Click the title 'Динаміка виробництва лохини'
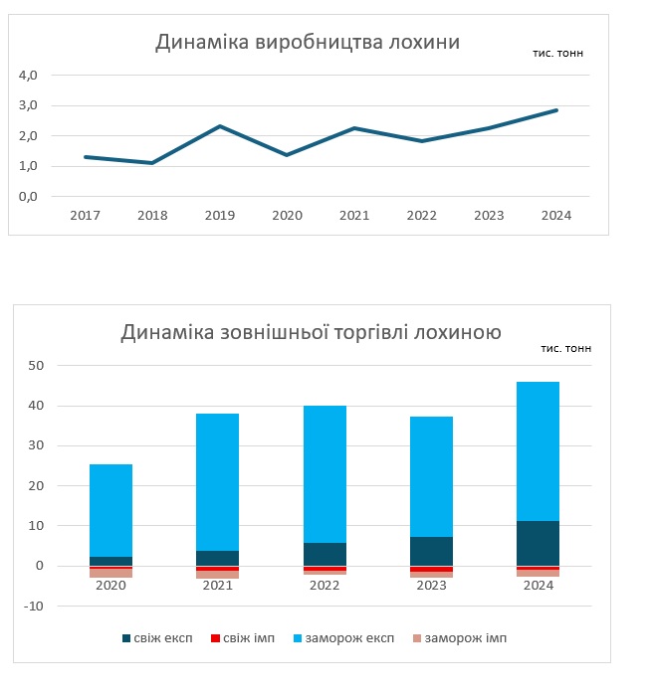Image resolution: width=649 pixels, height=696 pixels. [308, 42]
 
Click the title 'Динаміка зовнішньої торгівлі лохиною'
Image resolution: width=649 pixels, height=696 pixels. [311, 332]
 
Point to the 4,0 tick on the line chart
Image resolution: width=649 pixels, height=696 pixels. [28, 75]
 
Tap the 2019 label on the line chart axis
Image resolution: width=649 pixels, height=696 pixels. [219, 215]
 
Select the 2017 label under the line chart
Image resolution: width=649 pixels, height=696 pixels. [85, 215]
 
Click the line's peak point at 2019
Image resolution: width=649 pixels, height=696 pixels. [219, 126]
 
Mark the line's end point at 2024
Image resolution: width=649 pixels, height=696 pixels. [556, 110]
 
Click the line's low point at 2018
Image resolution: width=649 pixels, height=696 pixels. [152, 163]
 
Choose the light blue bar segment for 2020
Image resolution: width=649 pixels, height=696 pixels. [110, 510]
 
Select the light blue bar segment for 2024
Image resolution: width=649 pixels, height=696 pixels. [538, 450]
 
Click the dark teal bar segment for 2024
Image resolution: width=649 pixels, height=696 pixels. [538, 543]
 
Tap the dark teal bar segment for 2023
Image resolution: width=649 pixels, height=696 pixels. [431, 551]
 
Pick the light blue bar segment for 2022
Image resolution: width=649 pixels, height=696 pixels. [324, 473]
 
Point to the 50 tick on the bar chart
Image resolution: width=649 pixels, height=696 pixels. [35, 366]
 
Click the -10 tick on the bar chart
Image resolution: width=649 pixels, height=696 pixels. [33, 606]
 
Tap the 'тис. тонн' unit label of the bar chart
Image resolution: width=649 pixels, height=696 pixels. [565, 349]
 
